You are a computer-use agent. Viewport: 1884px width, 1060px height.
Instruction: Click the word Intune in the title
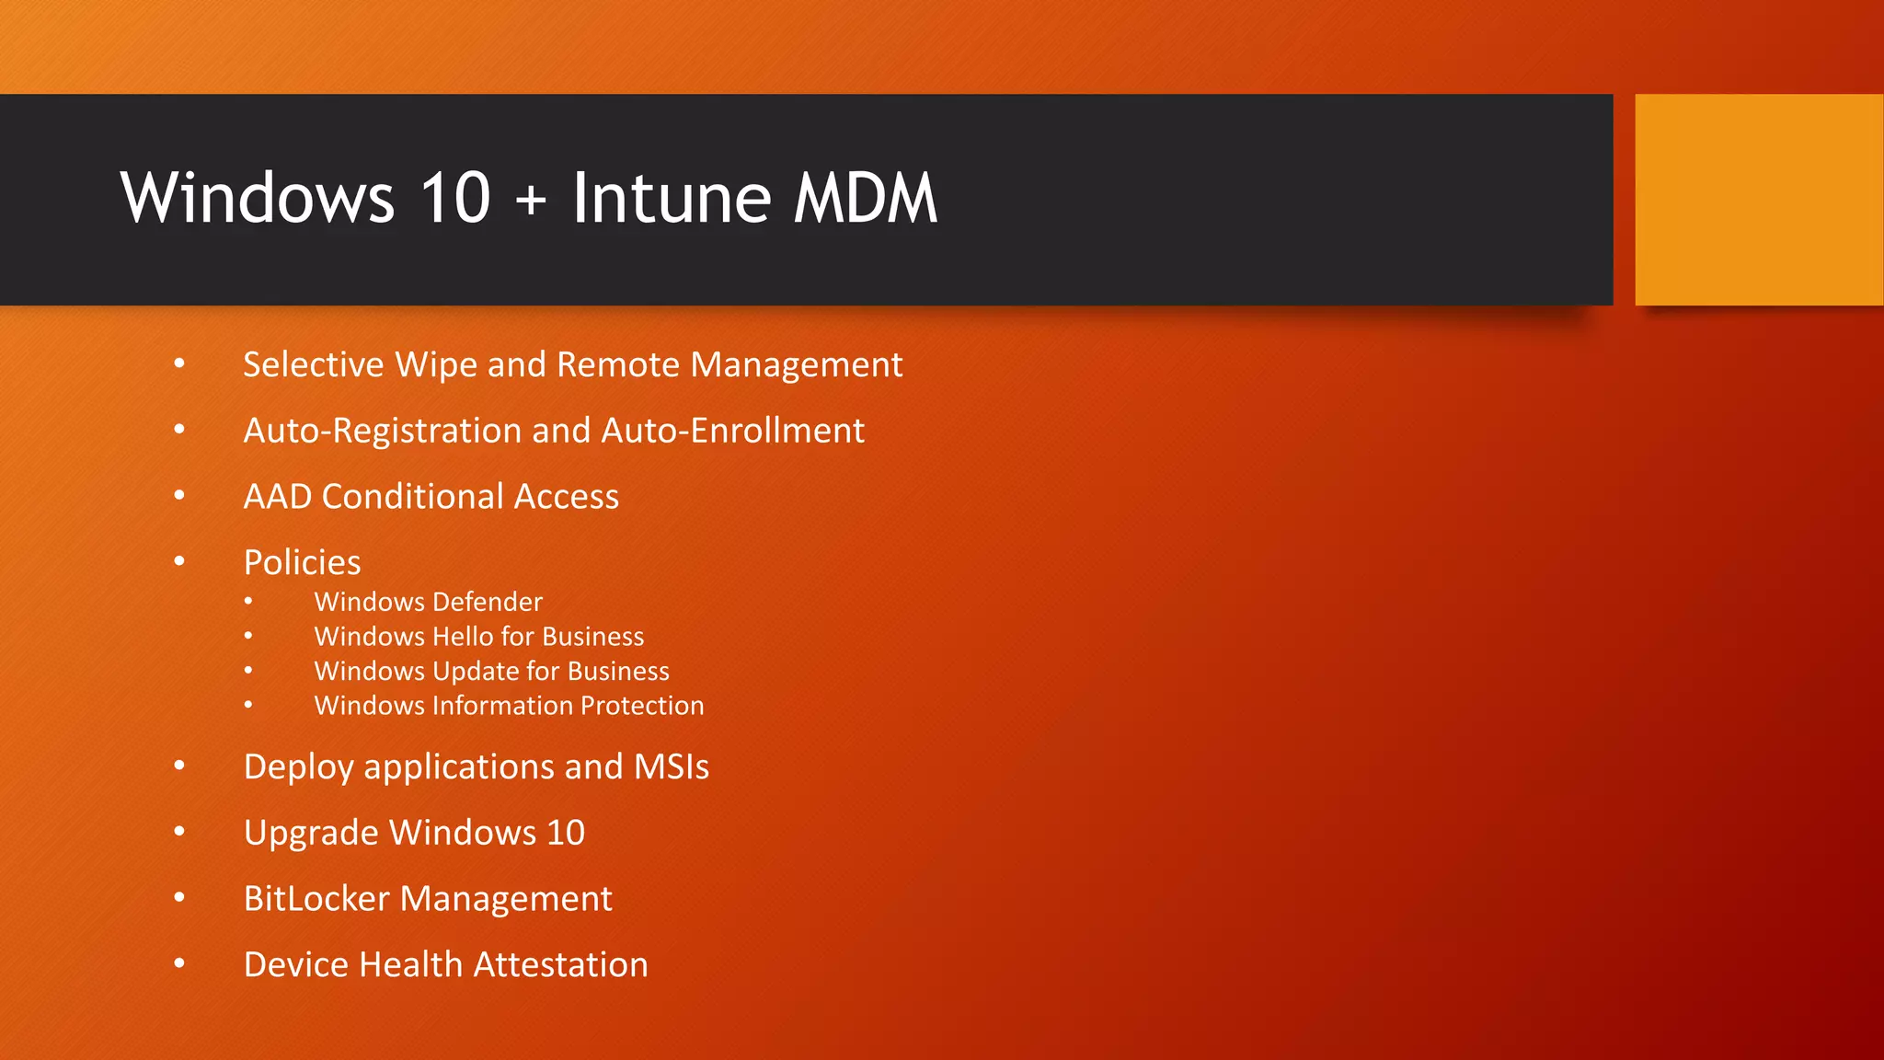point(671,199)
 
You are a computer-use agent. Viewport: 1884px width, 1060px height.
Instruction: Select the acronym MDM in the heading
point(865,199)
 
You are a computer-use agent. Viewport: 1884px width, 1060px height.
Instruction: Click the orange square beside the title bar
point(1758,200)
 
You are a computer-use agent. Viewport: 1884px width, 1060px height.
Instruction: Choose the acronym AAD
point(277,497)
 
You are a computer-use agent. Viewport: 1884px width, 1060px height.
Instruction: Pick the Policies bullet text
point(302,562)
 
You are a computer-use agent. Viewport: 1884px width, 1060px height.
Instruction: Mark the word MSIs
point(671,767)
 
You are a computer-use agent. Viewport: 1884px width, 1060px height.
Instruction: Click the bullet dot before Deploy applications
point(179,766)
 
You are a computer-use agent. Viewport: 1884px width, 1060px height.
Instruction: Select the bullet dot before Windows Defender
point(248,602)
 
